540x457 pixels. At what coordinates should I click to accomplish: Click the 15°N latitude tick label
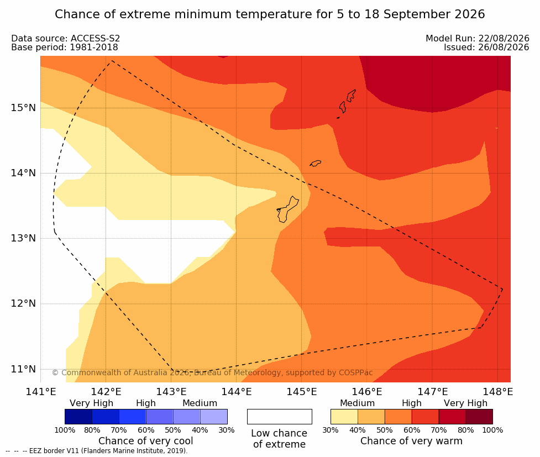pos(23,108)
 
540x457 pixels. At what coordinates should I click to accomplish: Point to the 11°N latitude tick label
pos(23,369)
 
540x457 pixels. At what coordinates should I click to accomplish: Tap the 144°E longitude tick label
pos(237,392)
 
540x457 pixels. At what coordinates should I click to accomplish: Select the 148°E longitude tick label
pos(497,392)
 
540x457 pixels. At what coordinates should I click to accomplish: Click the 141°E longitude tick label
pos(41,392)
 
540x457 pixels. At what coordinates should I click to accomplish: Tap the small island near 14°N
pos(316,163)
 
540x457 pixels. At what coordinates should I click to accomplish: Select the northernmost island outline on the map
pos(351,96)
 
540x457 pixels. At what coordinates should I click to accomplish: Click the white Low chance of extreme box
pos(280,417)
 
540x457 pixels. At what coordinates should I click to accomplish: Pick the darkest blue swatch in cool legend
pos(78,417)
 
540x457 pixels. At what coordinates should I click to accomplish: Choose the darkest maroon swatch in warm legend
pos(479,417)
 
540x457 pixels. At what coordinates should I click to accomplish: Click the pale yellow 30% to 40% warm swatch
pos(344,417)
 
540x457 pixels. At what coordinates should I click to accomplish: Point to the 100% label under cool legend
pos(65,430)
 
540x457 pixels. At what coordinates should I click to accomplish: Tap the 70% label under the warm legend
pos(439,430)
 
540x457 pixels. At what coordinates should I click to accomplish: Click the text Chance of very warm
pos(412,441)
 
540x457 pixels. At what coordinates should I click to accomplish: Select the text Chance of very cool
pos(146,441)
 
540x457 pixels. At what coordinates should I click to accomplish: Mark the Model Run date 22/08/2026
pos(504,38)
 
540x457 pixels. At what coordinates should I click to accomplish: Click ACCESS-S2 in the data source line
pos(95,38)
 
